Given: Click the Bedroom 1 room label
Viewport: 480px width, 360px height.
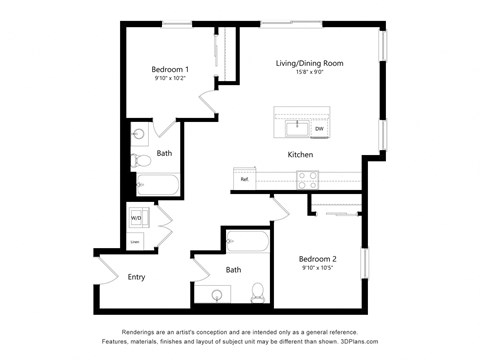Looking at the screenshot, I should click(170, 69).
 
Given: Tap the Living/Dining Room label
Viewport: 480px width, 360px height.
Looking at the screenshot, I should click(310, 63).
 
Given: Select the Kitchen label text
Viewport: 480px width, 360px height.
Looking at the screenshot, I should click(301, 155).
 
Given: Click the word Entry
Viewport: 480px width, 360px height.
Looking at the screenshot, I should click(137, 277).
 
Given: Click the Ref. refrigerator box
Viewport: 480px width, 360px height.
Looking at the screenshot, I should click(245, 179).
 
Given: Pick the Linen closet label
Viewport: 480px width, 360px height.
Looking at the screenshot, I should click(135, 241).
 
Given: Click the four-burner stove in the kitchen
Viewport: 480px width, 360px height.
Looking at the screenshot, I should click(308, 179).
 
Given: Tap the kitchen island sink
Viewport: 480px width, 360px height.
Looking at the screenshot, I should click(296, 127).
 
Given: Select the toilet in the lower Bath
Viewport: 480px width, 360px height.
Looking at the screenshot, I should click(257, 292).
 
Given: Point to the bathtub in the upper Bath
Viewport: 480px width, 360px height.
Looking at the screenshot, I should click(156, 185).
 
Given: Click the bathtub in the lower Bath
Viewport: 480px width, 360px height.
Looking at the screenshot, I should click(247, 241).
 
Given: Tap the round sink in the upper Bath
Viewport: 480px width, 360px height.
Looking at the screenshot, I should click(139, 133).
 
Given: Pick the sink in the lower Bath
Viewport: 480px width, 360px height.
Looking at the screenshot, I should click(215, 294).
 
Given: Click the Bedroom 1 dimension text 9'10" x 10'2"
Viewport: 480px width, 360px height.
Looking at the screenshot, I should click(170, 78).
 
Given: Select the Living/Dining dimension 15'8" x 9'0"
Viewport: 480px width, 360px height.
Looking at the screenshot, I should click(310, 72).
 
